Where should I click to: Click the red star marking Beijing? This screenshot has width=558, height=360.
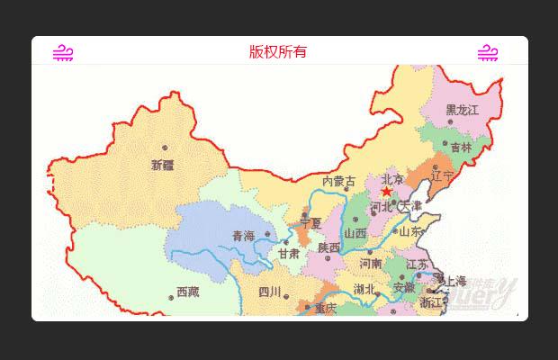pyautogui.click(x=387, y=192)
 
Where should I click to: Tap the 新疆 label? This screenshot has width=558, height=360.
pyautogui.click(x=163, y=165)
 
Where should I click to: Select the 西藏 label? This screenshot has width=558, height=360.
pyautogui.click(x=187, y=292)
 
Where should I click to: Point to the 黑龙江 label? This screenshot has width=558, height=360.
pyautogui.click(x=463, y=110)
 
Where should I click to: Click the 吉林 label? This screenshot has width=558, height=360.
pyautogui.click(x=461, y=148)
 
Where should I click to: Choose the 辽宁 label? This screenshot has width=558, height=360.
pyautogui.click(x=442, y=175)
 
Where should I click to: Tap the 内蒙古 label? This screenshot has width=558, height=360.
pyautogui.click(x=339, y=182)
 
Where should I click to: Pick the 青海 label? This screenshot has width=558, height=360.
pyautogui.click(x=243, y=236)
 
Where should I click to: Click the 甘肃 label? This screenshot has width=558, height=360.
pyautogui.click(x=288, y=254)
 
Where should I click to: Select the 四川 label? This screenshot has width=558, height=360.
pyautogui.click(x=269, y=292)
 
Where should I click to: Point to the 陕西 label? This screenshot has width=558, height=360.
pyautogui.click(x=328, y=247)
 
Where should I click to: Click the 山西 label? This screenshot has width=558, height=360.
pyautogui.click(x=355, y=233)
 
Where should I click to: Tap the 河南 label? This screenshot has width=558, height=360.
pyautogui.click(x=371, y=264)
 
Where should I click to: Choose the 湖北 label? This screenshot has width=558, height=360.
pyautogui.click(x=364, y=290)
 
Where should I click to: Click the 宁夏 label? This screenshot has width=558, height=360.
pyautogui.click(x=311, y=222)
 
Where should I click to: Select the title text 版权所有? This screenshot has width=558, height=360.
pyautogui.click(x=278, y=51)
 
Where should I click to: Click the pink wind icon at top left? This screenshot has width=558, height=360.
pyautogui.click(x=63, y=52)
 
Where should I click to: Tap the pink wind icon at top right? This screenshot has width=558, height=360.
pyautogui.click(x=488, y=52)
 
